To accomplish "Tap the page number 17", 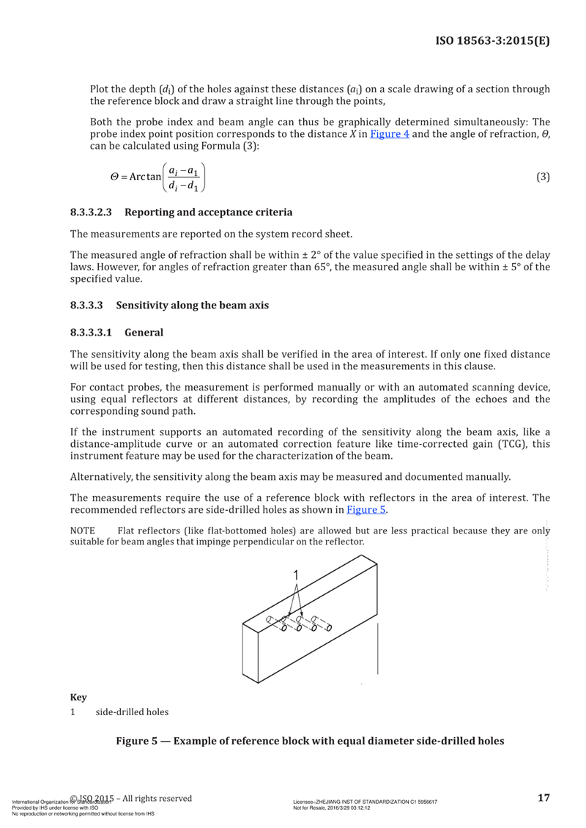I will [543, 798].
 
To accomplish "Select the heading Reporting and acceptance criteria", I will [209, 212].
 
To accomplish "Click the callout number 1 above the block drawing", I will [296, 575].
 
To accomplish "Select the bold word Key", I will [77, 696].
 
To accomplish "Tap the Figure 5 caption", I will [310, 741].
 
